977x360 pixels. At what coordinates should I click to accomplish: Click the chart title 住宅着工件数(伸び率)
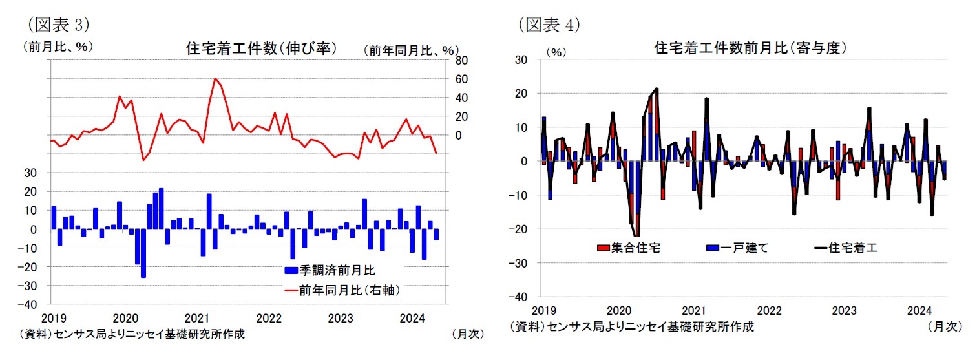coord(261,48)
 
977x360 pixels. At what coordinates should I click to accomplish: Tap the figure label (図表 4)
coord(549,25)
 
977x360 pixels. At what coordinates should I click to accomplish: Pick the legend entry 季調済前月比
coord(330,270)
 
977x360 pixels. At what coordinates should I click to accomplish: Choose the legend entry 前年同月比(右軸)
coord(342,291)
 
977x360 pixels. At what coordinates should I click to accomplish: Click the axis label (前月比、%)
coord(58,47)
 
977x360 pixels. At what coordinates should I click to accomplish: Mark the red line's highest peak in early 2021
coord(215,79)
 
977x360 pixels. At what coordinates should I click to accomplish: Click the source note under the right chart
coord(631,326)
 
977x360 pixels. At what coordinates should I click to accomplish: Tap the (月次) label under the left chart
coord(467,334)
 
